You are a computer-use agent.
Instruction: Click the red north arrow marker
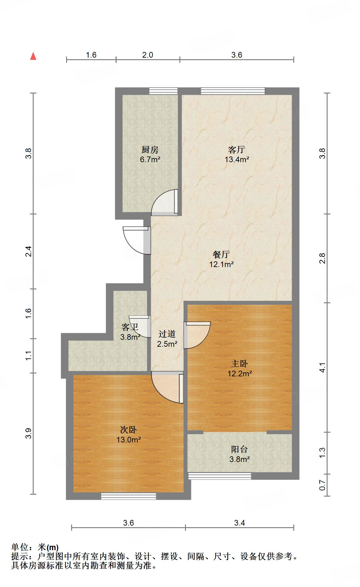(x=33, y=56)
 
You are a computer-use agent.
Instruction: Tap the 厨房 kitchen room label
(x=150, y=150)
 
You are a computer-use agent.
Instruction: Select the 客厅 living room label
(x=237, y=150)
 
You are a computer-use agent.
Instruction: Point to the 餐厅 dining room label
(x=221, y=254)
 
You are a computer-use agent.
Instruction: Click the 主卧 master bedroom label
(x=239, y=364)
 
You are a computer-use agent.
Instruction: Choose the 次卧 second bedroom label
(x=128, y=430)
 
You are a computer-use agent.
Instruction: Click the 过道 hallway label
(x=167, y=334)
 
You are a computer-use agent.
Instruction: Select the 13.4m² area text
(x=237, y=159)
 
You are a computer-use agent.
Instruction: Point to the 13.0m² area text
(x=129, y=440)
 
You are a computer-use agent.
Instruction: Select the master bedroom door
(x=197, y=335)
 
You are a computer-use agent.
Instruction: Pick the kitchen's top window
(x=163, y=91)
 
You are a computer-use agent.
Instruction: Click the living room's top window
(x=233, y=91)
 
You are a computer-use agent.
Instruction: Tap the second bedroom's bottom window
(x=128, y=496)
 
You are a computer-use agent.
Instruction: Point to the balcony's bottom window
(x=220, y=476)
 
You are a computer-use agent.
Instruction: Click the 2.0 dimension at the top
(x=148, y=55)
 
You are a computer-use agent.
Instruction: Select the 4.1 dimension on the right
(x=322, y=368)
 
